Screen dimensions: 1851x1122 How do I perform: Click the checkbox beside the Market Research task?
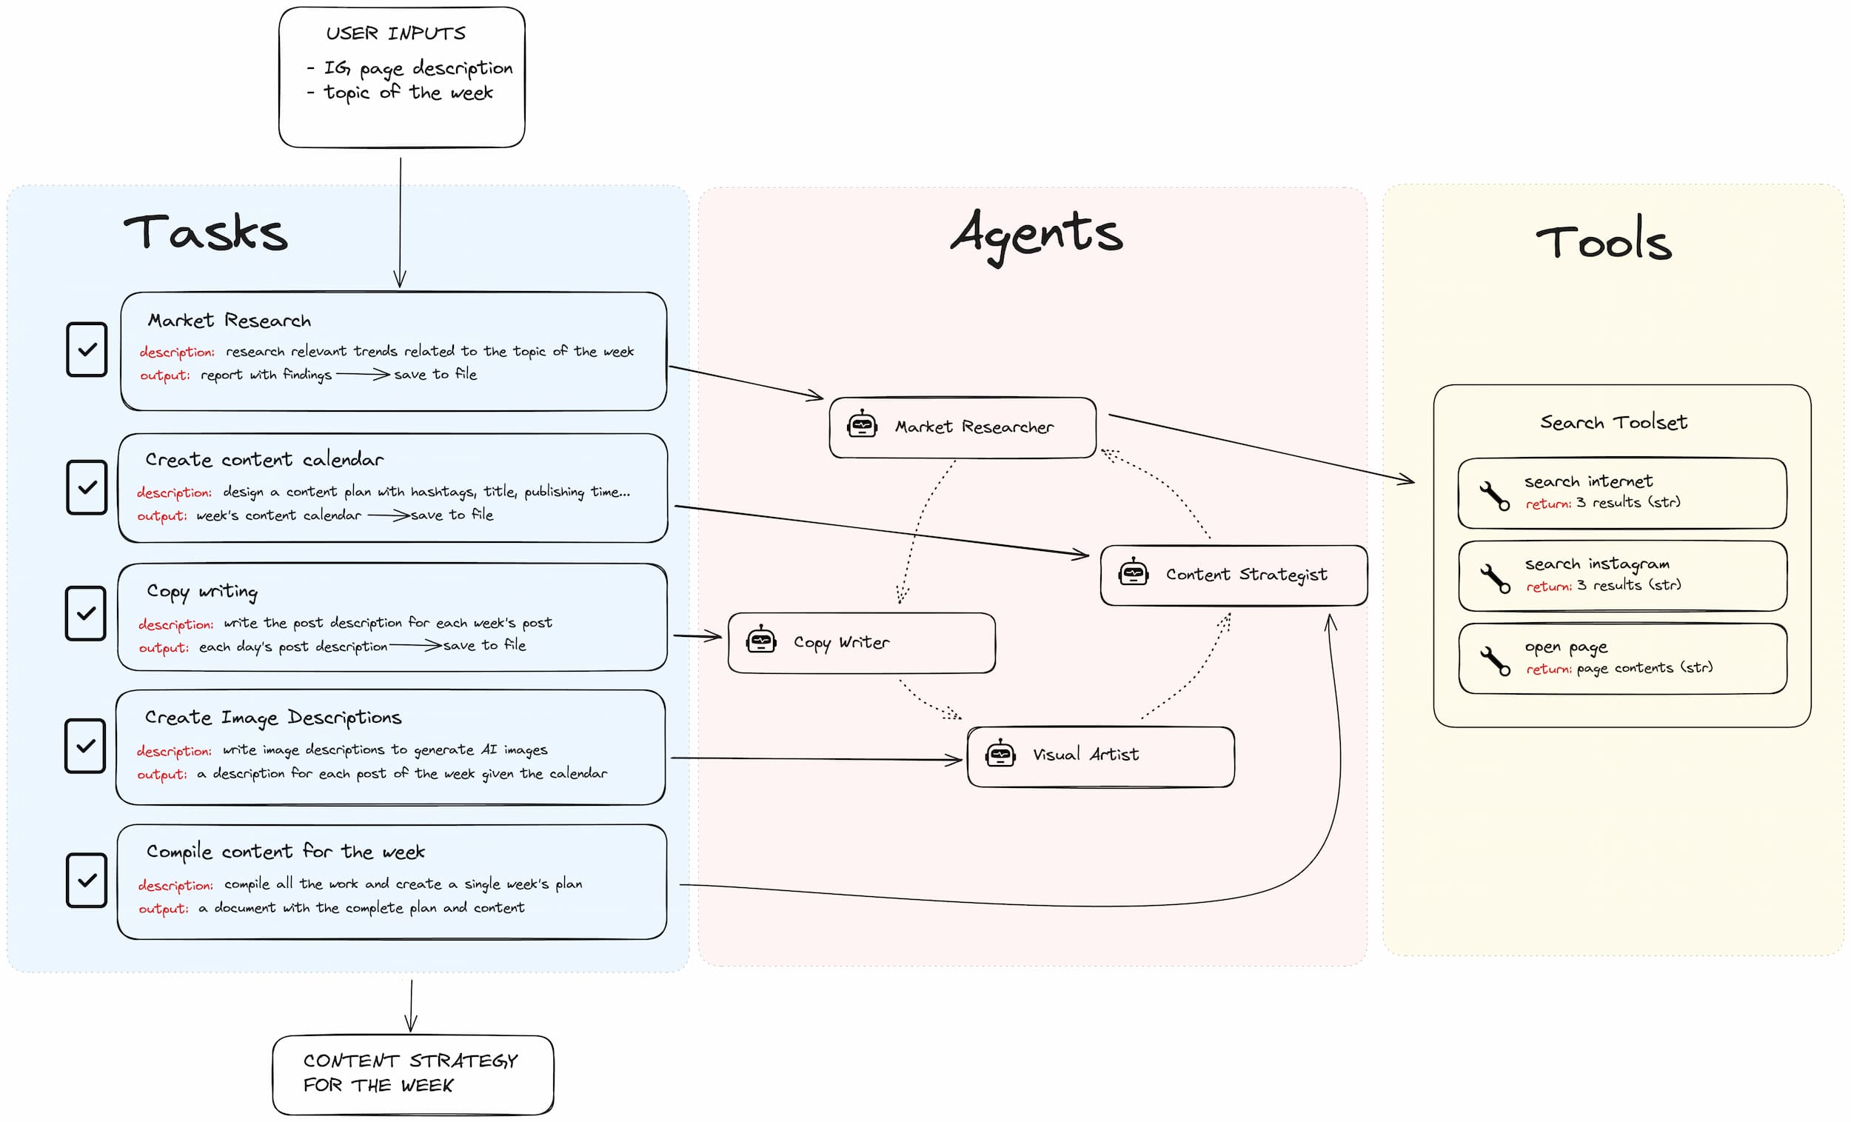[x=87, y=350]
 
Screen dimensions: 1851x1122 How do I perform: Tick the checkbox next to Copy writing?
[x=86, y=613]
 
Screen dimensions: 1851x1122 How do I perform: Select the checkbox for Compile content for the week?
[x=87, y=880]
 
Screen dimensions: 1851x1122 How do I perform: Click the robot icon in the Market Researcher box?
[x=863, y=424]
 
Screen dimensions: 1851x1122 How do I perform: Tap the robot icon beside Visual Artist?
[x=1000, y=753]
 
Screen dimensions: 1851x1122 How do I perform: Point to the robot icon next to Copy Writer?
[x=761, y=640]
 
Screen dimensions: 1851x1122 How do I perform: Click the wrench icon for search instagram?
[x=1495, y=578]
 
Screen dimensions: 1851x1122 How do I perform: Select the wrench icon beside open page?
[x=1495, y=661]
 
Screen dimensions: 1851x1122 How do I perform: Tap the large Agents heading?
[x=1037, y=236]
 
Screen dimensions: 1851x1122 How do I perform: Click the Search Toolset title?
[x=1613, y=422]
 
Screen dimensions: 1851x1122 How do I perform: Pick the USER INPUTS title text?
[x=396, y=33]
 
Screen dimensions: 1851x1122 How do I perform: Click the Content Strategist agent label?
[x=1246, y=575]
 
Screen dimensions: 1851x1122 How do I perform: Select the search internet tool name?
[x=1588, y=481]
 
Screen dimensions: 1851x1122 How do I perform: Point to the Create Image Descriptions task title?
[x=273, y=718]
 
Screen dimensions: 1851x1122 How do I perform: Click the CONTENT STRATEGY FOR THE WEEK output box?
[x=413, y=1075]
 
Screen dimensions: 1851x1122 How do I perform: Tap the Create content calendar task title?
[x=264, y=459]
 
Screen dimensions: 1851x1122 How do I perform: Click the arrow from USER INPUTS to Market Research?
[x=401, y=222]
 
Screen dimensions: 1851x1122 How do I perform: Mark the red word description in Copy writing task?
[x=175, y=624]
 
